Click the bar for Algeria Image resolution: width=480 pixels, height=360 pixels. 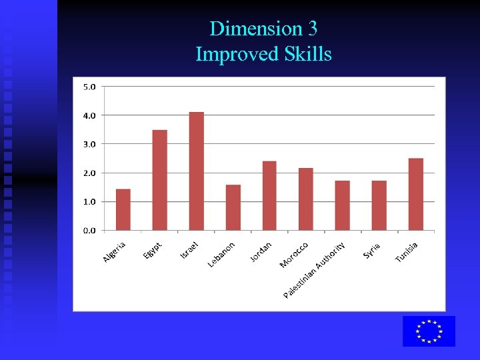point(123,209)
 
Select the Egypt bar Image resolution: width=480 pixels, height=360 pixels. point(160,180)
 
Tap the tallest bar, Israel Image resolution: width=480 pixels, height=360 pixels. point(197,171)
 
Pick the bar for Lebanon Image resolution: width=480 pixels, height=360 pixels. point(233,207)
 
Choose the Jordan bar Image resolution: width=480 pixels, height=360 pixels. point(269,195)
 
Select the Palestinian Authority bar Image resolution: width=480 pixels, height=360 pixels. point(343,205)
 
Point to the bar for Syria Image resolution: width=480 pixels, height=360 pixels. point(379,205)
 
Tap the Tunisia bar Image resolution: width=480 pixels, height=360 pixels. point(415,194)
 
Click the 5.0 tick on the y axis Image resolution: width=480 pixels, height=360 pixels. point(89,86)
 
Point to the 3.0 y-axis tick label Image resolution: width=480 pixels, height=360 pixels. point(89,144)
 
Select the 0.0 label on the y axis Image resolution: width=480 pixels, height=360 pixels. point(89,231)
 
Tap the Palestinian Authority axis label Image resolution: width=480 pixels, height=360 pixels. point(315,270)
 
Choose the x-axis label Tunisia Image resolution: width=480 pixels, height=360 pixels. point(407,252)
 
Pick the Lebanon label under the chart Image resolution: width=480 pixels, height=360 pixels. point(221,254)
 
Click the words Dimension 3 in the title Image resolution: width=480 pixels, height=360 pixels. point(263,29)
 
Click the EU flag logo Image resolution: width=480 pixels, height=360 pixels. point(429,331)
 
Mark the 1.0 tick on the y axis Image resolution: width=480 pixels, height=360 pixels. point(89,201)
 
